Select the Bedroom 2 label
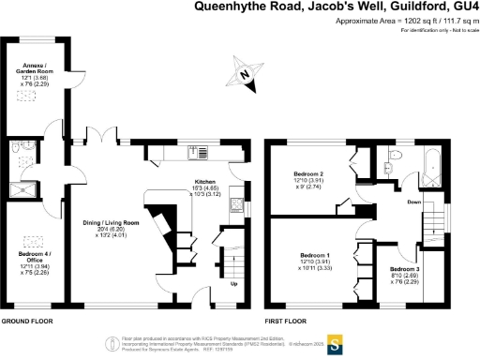pos(308,179)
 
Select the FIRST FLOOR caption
pos(287,320)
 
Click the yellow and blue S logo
pos(332,340)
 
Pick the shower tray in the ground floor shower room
pos(29,188)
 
